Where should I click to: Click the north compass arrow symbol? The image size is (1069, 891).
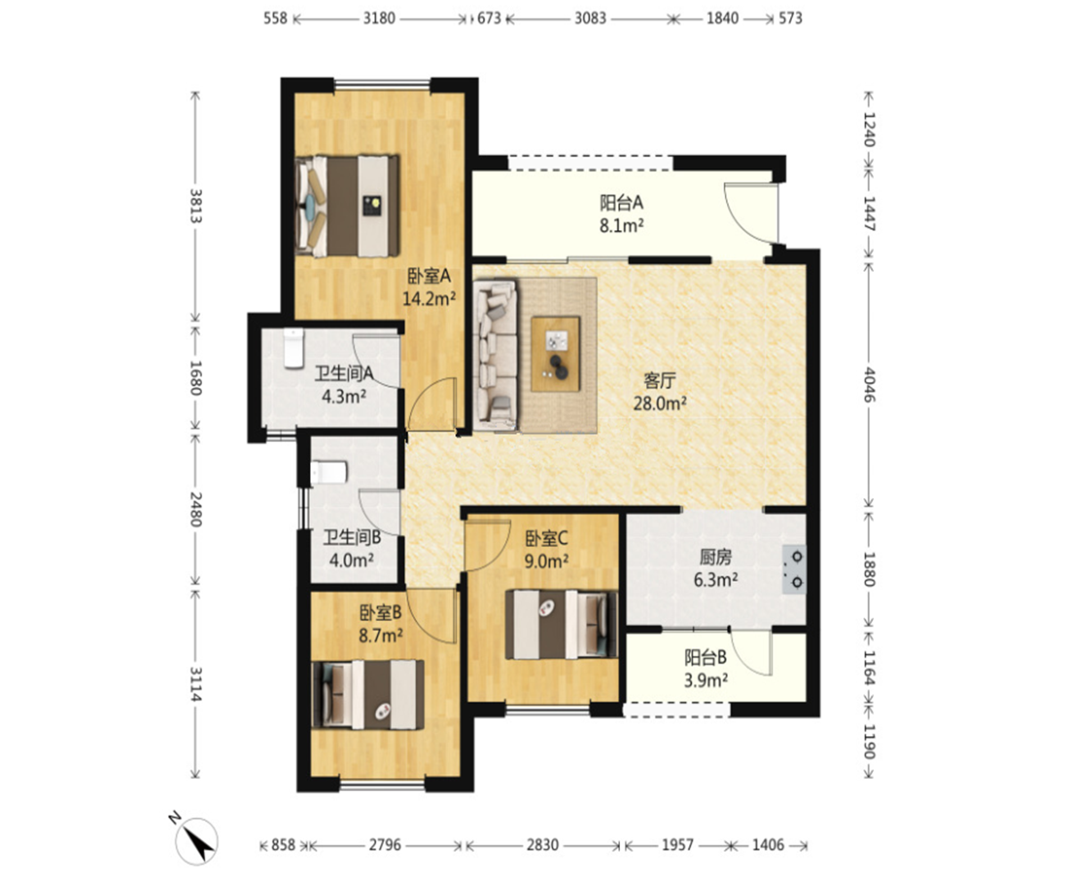pyautogui.click(x=197, y=841)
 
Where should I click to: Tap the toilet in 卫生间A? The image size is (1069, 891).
pyautogui.click(x=294, y=348)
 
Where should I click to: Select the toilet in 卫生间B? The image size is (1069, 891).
pyautogui.click(x=330, y=472)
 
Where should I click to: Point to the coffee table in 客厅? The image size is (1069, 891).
pyautogui.click(x=556, y=354)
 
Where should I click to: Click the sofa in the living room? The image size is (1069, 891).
pyautogui.click(x=495, y=355)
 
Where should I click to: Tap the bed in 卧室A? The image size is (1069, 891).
pyautogui.click(x=347, y=206)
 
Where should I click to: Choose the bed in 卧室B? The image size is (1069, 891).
pyautogui.click(x=368, y=694)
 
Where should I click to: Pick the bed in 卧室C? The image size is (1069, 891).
pyautogui.click(x=561, y=625)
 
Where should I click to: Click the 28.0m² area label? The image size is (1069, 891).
pyautogui.click(x=660, y=404)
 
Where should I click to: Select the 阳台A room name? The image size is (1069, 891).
pyautogui.click(x=622, y=203)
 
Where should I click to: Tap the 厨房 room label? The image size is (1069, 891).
pyautogui.click(x=715, y=557)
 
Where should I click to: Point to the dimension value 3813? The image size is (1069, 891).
pyautogui.click(x=196, y=207)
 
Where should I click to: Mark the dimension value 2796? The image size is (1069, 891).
pyautogui.click(x=385, y=844)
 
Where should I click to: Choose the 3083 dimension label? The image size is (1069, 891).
pyautogui.click(x=591, y=19)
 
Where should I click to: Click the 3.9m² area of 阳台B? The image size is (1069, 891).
pyautogui.click(x=706, y=680)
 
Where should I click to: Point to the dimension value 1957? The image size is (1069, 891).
pyautogui.click(x=678, y=844)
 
